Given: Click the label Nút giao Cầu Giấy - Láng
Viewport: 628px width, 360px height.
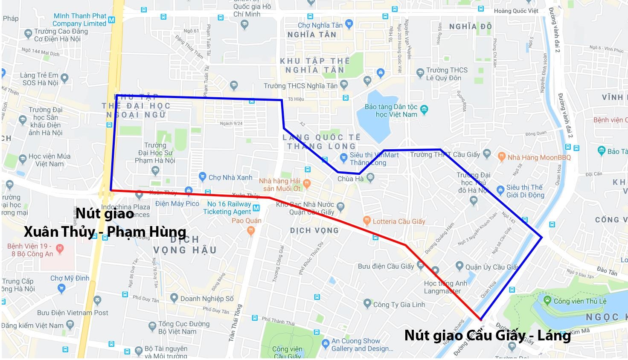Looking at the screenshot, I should click(487, 336).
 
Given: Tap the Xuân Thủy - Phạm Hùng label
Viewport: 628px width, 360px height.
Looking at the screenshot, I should click(105, 232).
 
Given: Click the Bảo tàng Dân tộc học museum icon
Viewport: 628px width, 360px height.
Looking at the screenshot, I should click(424, 110).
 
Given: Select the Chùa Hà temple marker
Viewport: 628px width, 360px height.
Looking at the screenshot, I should click(370, 177).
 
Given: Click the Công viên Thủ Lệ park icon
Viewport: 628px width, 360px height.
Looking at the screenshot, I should click(547, 300).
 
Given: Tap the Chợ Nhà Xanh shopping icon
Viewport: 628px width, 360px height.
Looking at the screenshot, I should click(203, 177).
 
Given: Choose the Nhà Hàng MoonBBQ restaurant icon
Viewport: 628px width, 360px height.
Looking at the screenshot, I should click(502, 157).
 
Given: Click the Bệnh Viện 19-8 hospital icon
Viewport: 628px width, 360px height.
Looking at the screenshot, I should click(59, 248).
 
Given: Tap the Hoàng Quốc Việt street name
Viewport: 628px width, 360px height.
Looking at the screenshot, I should click(516, 11).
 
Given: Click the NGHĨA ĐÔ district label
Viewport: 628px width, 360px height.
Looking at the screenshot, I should click(470, 27).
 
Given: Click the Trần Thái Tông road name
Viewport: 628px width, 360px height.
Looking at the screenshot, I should click(235, 322).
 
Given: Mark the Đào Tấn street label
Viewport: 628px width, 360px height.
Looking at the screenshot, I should click(607, 271).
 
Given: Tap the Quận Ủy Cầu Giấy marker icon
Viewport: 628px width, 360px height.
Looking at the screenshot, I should click(459, 267).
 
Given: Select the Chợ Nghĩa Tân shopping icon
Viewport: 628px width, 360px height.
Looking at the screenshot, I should click(349, 24).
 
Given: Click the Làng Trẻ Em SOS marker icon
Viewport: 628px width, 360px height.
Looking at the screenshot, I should click(64, 78).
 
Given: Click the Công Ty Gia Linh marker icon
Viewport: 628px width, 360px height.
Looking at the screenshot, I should click(367, 304).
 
